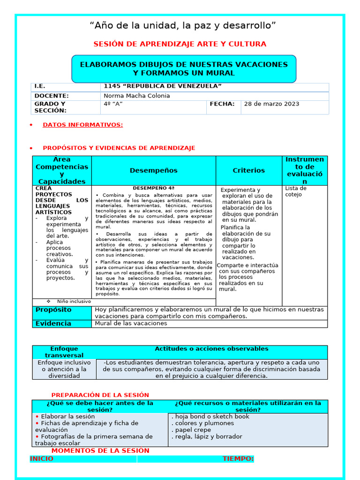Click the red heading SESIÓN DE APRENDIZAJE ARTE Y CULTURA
180,44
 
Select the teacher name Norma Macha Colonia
137,96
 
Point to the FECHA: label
222,104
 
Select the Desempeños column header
153,171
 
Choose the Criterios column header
248,171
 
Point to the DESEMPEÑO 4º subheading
153,188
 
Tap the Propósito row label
53,310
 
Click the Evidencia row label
53,323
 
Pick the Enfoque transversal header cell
64,352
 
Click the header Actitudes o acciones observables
211,349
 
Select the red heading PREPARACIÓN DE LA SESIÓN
100,395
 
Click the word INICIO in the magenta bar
42,459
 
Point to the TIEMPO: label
238,459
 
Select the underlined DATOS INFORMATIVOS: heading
82,125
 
